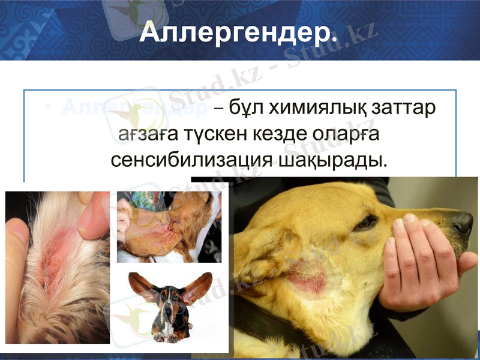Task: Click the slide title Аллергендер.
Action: pyautogui.click(x=238, y=34)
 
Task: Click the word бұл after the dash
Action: pyautogui.click(x=245, y=109)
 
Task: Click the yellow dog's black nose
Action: pyautogui.click(x=462, y=223)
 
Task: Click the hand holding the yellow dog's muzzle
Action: pyautogui.click(x=420, y=264)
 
